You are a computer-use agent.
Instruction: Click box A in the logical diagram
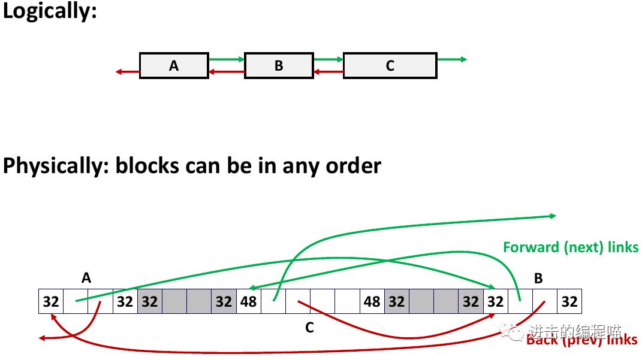pos(174,65)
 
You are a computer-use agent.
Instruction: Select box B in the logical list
pos(279,65)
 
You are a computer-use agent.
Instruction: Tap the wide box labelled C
pos(390,65)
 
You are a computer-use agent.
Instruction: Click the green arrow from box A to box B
pos(227,59)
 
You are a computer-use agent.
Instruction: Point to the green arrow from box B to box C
pos(328,59)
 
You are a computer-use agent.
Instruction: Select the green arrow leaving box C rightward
pos(451,59)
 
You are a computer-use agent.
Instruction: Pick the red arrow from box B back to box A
pos(227,72)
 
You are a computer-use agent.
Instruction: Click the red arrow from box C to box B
pos(328,72)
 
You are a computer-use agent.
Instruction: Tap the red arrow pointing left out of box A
pos(127,72)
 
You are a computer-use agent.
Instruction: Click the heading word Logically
pos(49,12)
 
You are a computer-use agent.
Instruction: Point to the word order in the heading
pos(353,166)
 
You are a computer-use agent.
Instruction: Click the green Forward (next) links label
pos(571,247)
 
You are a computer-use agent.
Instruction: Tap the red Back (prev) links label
pos(581,340)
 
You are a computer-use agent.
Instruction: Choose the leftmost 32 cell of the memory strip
pos(51,301)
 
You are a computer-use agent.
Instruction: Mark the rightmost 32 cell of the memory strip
pos(569,301)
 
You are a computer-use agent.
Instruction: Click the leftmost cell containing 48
pos(248,301)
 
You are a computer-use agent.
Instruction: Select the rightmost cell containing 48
pos(372,301)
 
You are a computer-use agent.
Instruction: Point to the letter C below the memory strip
pos(309,328)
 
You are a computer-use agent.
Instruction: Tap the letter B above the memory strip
pos(538,278)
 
